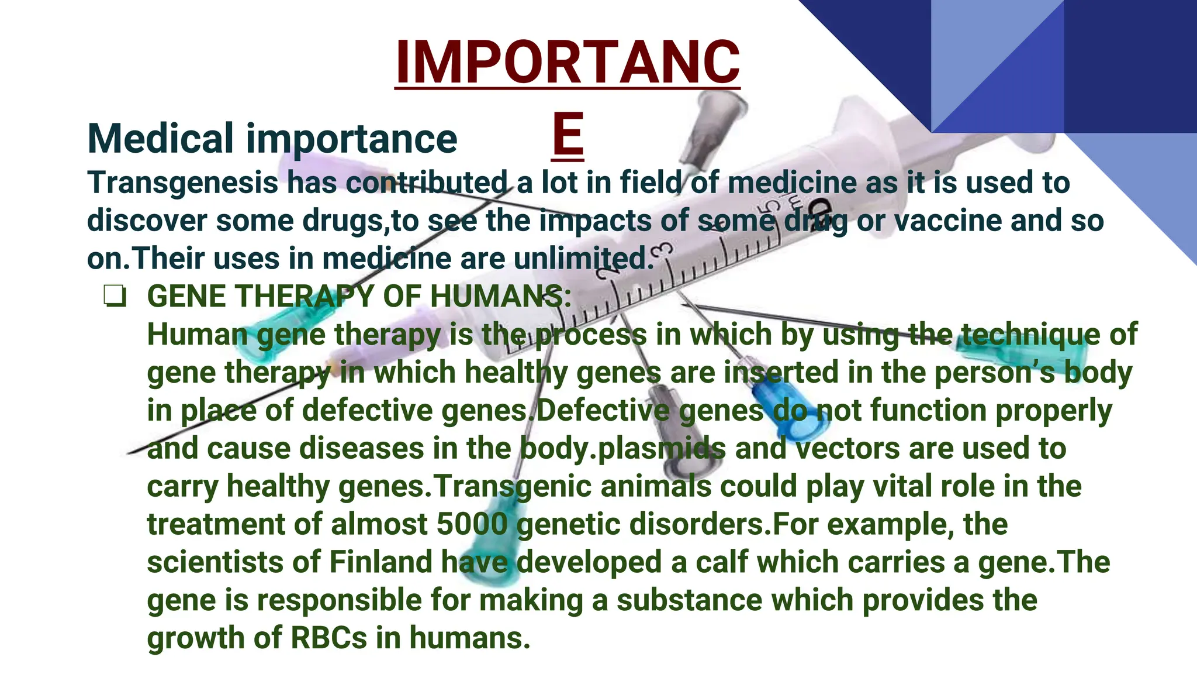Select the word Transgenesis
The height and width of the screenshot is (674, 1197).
pos(183,183)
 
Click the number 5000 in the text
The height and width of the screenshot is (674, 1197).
pos(472,524)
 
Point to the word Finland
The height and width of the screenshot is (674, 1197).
pos(380,562)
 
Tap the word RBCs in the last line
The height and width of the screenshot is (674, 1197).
pos(329,638)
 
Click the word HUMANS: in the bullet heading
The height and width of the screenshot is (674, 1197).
pos(500,297)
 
